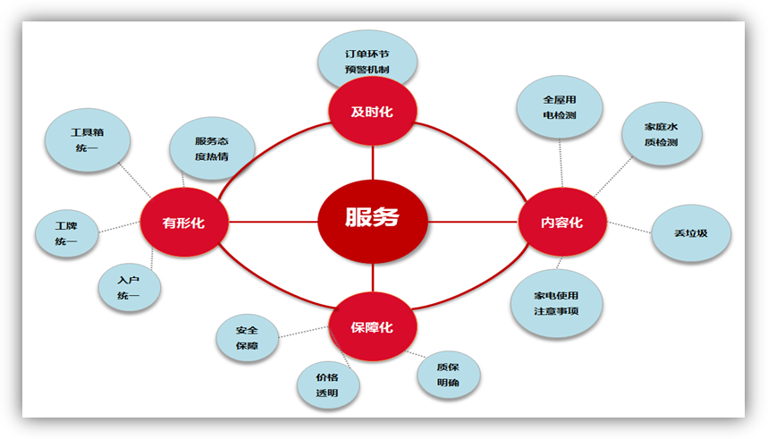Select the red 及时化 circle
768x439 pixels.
[372, 111]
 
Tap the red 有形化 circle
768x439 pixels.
[184, 222]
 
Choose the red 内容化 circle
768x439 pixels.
[562, 222]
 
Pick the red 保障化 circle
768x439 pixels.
[372, 326]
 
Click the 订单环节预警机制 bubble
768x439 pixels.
[367, 60]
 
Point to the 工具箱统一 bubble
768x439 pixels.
[88, 140]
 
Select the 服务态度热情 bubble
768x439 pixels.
[212, 148]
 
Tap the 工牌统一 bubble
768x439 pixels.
[67, 233]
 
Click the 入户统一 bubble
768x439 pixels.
[130, 288]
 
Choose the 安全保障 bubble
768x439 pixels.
[248, 338]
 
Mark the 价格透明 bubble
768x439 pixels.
[328, 385]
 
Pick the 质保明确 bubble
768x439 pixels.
[449, 375]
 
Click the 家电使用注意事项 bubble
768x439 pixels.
[556, 303]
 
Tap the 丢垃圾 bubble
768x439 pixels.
[691, 233]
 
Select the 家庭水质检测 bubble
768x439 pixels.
[662, 134]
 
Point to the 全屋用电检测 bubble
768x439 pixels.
[560, 107]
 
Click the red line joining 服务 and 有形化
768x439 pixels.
[274, 222]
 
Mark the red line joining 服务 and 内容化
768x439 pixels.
[473, 222]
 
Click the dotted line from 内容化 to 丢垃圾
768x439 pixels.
[629, 227]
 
